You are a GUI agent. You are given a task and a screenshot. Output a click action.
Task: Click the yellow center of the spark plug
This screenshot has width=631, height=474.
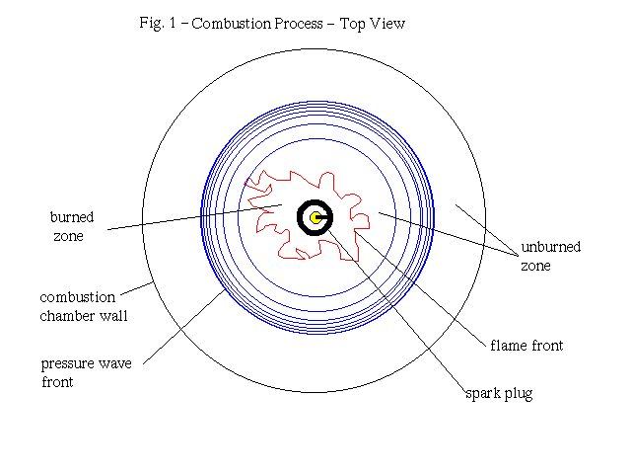315,217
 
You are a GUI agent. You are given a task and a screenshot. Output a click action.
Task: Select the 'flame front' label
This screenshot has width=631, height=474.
526,346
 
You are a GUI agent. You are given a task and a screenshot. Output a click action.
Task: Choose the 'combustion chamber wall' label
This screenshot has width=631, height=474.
84,306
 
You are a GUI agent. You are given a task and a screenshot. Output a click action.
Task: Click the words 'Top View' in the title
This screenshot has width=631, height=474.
373,24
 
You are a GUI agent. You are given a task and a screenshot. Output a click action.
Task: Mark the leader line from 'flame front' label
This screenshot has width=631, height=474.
424,286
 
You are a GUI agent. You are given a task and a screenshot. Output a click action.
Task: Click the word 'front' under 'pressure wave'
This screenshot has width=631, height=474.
59,382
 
